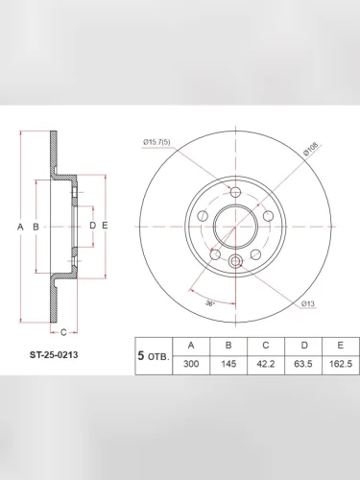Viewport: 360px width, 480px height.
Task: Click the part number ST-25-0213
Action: (54, 355)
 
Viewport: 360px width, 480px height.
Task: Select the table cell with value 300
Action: (191, 364)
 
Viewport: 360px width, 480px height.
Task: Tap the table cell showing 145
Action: (228, 364)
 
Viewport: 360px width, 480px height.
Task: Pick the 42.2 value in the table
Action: (266, 364)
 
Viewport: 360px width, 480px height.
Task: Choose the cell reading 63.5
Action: (303, 364)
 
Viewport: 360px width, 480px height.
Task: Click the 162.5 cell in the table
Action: (341, 364)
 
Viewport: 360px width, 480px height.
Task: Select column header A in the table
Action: (191, 346)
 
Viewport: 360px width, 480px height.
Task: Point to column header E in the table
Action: (341, 346)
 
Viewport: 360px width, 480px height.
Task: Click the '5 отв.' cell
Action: (154, 356)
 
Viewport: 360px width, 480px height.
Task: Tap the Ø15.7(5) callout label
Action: (156, 142)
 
